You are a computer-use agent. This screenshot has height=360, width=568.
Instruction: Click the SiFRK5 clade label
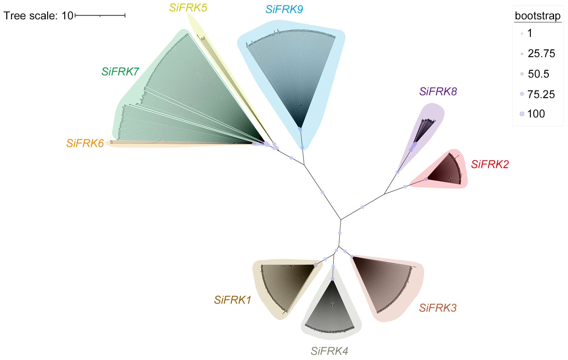pyautogui.click(x=188, y=8)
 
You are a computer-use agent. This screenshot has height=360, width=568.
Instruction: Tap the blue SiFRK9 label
pyautogui.click(x=284, y=10)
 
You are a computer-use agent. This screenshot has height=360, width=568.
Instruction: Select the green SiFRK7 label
pyautogui.click(x=120, y=72)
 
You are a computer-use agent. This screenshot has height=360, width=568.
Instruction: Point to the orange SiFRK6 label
pyautogui.click(x=85, y=143)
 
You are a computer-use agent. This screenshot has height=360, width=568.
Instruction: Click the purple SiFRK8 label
pyautogui.click(x=438, y=92)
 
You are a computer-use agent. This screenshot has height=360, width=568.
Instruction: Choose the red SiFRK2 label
pyautogui.click(x=490, y=164)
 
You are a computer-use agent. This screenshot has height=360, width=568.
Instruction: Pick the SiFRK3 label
pyautogui.click(x=438, y=308)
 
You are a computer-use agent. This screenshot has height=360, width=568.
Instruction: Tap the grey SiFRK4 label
pyautogui.click(x=329, y=351)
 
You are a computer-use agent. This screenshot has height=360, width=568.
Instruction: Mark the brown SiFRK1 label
pyautogui.click(x=233, y=300)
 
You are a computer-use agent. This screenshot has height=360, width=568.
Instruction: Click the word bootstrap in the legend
pyautogui.click(x=538, y=16)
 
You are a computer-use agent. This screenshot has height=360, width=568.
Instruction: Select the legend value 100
pyautogui.click(x=536, y=114)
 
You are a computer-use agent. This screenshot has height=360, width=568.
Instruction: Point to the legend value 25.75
pyautogui.click(x=541, y=53)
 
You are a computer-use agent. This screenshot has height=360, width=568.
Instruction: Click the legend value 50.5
pyautogui.click(x=538, y=74)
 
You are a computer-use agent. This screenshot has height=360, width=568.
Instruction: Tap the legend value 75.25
pyautogui.click(x=541, y=94)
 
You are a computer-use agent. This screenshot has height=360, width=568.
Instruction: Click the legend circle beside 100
pyautogui.click(x=522, y=114)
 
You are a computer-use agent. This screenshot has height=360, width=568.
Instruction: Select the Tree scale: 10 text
pyautogui.click(x=38, y=16)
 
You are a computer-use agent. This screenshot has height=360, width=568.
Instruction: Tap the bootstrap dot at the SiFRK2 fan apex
pyautogui.click(x=426, y=179)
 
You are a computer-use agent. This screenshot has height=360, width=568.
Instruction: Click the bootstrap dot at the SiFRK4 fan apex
pyautogui.click(x=332, y=279)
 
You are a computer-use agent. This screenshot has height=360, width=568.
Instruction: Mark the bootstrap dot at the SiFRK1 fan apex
pyautogui.click(x=316, y=265)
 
